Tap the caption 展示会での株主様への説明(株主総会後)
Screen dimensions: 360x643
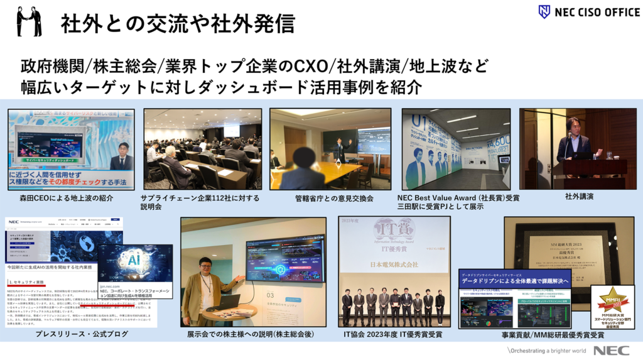coord(252,334)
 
